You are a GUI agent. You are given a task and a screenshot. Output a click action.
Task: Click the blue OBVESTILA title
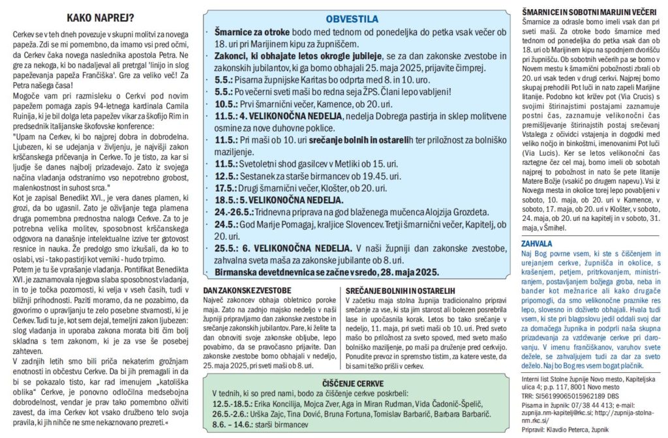[x=352, y=20]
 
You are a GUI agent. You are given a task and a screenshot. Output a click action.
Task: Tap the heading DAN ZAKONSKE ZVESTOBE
[x=247, y=289]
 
